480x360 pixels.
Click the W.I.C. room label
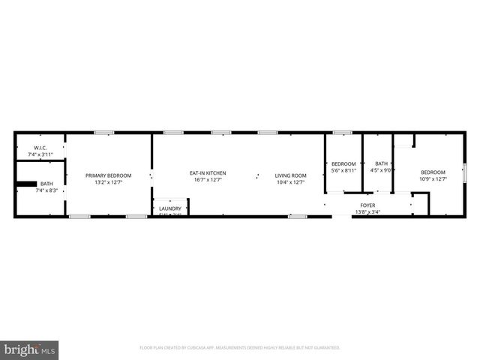pyautogui.click(x=40, y=148)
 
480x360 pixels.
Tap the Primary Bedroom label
pyautogui.click(x=108, y=175)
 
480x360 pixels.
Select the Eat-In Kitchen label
pyautogui.click(x=207, y=173)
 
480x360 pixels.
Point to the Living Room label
pyautogui.click(x=290, y=175)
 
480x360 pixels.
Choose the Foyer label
pyautogui.click(x=367, y=205)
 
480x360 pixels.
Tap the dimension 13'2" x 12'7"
pyautogui.click(x=108, y=182)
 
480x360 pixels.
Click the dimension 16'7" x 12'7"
pyautogui.click(x=207, y=180)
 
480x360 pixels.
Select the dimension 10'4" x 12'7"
pyautogui.click(x=290, y=182)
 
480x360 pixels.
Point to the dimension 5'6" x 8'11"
pyautogui.click(x=343, y=170)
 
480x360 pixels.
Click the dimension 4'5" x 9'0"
pyautogui.click(x=382, y=170)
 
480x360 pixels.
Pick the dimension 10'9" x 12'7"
pyautogui.click(x=432, y=178)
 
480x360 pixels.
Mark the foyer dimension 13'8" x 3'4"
pyautogui.click(x=367, y=211)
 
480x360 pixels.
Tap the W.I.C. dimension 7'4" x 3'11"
pyautogui.click(x=40, y=155)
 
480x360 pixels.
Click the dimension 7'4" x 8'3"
pyautogui.click(x=46, y=190)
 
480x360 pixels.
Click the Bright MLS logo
pyautogui.click(x=30, y=349)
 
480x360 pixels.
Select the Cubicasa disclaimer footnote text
pyautogui.click(x=240, y=348)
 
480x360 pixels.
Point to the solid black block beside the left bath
pyautogui.click(x=27, y=183)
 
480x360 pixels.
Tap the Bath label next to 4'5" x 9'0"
pyautogui.click(x=382, y=163)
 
